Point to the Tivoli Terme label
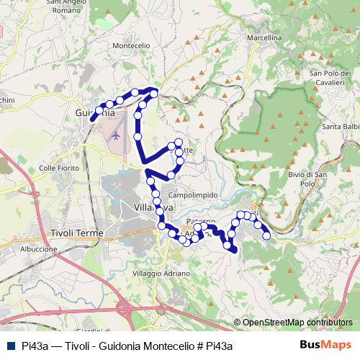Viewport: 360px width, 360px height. [x=77, y=234]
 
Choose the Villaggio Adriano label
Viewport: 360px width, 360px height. [x=162, y=274]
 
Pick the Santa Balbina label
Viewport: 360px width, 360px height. [x=341, y=128]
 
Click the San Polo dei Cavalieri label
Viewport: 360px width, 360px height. [x=328, y=78]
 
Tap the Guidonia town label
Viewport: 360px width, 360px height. [x=95, y=113]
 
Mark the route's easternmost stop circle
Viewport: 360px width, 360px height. [x=266, y=235]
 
